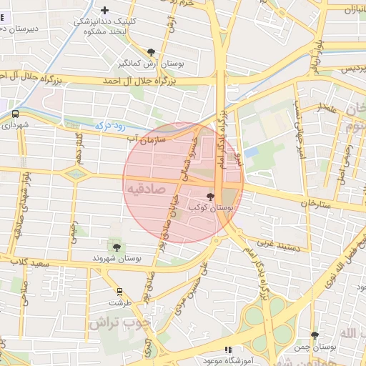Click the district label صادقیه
pos(146,189)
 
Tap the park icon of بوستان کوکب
pos(210,196)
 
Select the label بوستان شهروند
pos(117,257)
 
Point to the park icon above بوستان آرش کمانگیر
pos(151,51)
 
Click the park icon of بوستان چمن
pos(315,335)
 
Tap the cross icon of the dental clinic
pos(105,10)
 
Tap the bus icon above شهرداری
pos(15,113)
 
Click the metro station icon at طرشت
pos(119,292)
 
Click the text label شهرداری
pos(15,125)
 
